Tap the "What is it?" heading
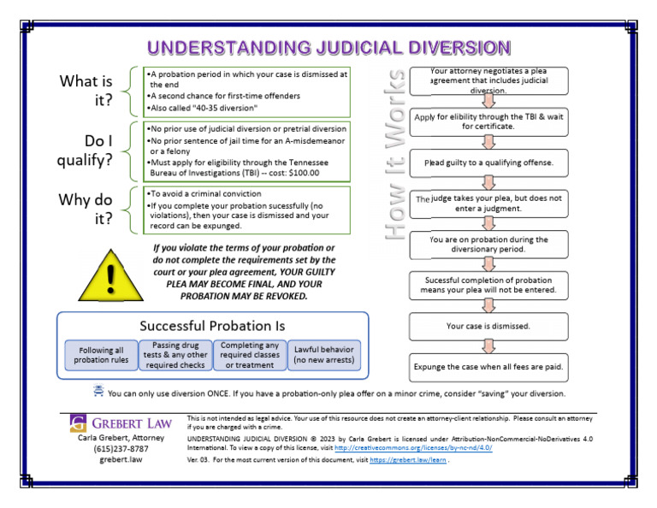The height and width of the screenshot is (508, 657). coord(86,92)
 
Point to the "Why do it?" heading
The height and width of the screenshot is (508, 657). coord(86,209)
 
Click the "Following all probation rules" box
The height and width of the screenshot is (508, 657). coord(101,356)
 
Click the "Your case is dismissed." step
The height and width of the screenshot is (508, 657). coord(488,326)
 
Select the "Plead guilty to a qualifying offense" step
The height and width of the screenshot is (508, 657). coord(488,162)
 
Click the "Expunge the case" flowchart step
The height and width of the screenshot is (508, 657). coord(488,367)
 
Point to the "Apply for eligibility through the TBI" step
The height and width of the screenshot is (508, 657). coord(488,121)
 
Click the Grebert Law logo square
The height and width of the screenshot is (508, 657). coord(79,422)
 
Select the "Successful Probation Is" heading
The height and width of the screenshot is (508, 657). coord(212,326)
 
